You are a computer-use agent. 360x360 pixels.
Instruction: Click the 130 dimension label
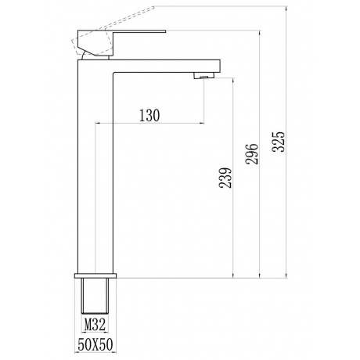coord(149,116)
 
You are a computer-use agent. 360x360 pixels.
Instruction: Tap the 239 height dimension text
coord(225,178)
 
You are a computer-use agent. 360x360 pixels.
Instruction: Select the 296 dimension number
coord(252,153)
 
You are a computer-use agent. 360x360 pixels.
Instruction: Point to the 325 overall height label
coord(279,142)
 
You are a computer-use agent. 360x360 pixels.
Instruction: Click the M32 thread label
coord(95,325)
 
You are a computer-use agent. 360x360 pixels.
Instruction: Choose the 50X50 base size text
coord(95,344)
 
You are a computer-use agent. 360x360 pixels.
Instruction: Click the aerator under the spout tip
coord(203,76)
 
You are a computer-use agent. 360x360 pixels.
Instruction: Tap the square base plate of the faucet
coord(95,275)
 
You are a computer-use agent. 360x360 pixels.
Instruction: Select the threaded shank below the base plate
coord(95,296)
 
